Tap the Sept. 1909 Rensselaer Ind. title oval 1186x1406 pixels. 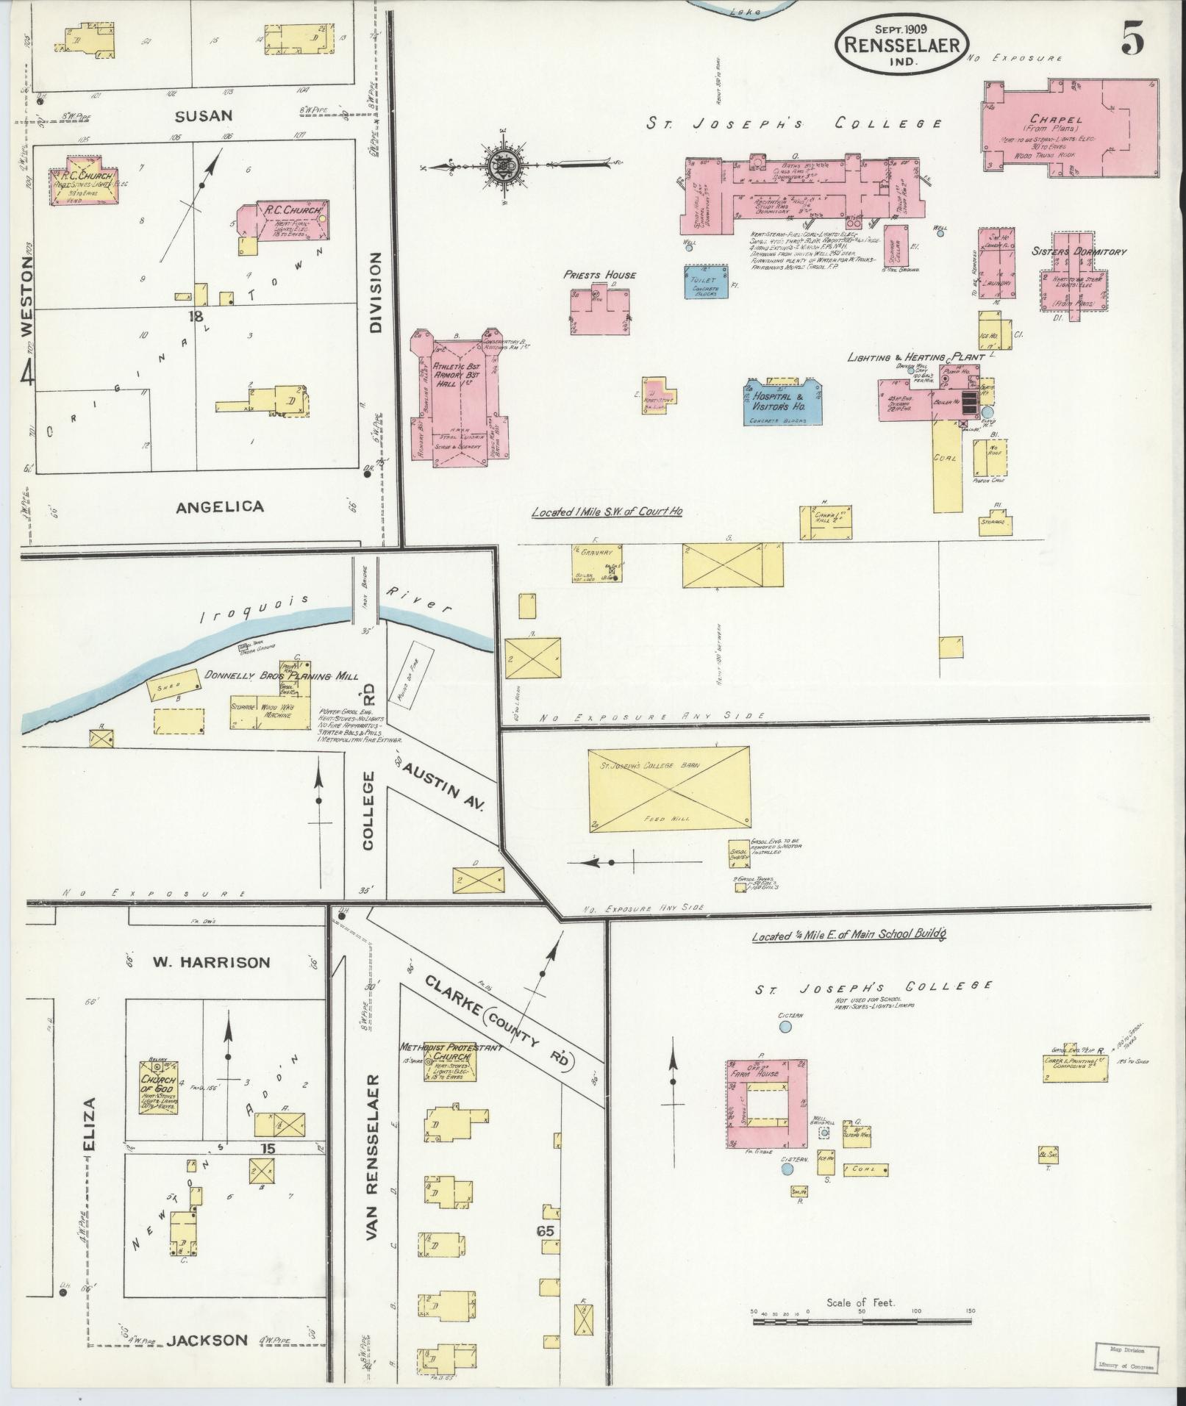pyautogui.click(x=901, y=44)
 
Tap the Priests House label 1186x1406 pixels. pyautogui.click(x=600, y=274)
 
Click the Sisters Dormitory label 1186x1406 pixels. pyautogui.click(x=1078, y=251)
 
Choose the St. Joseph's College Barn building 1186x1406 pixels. pyautogui.click(x=670, y=789)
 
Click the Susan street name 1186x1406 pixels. pyautogui.click(x=204, y=115)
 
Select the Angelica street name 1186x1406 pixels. pyautogui.click(x=210, y=506)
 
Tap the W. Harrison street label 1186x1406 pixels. pyautogui.click(x=211, y=962)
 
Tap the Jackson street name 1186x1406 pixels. pyautogui.click(x=207, y=1340)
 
